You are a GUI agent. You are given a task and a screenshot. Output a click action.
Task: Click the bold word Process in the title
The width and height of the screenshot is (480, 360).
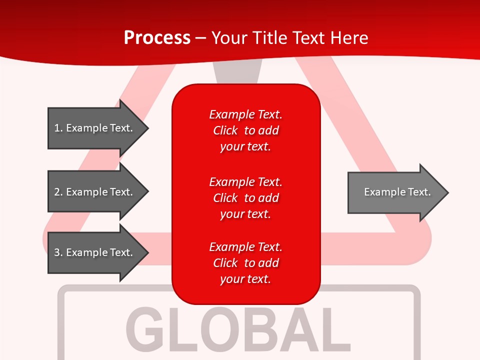pyautogui.click(x=157, y=38)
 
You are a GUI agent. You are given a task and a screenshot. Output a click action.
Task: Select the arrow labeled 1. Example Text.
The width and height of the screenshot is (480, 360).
pyautogui.click(x=97, y=128)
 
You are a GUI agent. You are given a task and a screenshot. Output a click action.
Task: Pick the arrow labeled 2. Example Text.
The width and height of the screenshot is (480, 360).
pyautogui.click(x=97, y=192)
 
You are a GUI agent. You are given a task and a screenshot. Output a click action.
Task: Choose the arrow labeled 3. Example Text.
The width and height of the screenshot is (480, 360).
pyautogui.click(x=97, y=252)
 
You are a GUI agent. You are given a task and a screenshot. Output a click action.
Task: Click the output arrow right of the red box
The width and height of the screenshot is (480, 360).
pyautogui.click(x=397, y=192)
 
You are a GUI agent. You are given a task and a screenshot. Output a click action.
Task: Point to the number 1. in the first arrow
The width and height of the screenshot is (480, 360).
pyautogui.click(x=58, y=128)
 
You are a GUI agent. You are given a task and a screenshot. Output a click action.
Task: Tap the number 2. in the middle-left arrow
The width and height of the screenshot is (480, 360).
pyautogui.click(x=58, y=192)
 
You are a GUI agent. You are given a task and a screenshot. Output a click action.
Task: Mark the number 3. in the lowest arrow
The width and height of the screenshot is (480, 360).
pyautogui.click(x=58, y=252)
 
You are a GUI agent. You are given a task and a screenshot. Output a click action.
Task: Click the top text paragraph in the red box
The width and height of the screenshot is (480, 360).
pyautogui.click(x=245, y=130)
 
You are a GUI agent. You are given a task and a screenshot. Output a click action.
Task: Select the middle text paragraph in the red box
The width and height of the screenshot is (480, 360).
pyautogui.click(x=245, y=198)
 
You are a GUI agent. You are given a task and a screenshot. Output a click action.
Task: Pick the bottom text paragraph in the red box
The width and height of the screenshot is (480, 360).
pyautogui.click(x=245, y=263)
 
